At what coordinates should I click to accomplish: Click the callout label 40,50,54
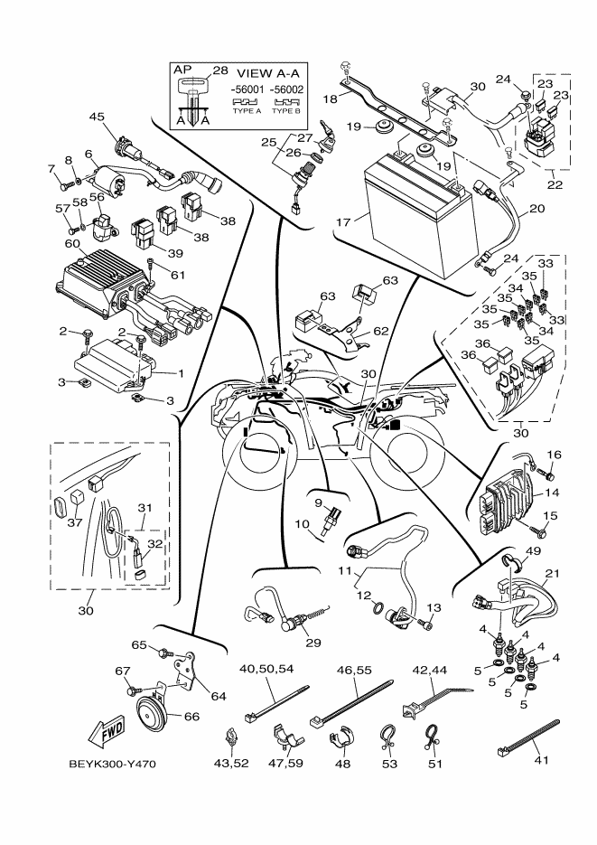(266, 668)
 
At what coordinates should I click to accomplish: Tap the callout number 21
(553, 575)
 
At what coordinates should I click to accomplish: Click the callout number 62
(382, 331)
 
